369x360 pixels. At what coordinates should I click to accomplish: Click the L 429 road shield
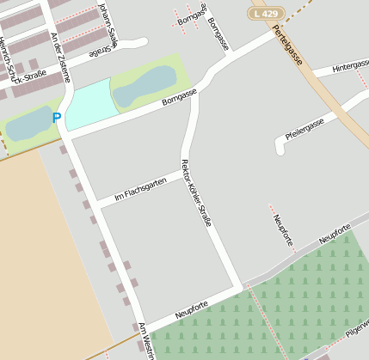point(266,14)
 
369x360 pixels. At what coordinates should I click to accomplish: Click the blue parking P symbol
point(57,119)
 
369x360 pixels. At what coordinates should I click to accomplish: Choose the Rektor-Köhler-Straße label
point(196,192)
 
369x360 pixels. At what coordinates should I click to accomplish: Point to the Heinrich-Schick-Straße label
point(23,63)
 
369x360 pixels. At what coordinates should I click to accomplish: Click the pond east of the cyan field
point(144,86)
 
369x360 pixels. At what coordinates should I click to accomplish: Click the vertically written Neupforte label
point(283,230)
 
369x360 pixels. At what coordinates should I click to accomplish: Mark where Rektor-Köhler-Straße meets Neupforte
point(240,285)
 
